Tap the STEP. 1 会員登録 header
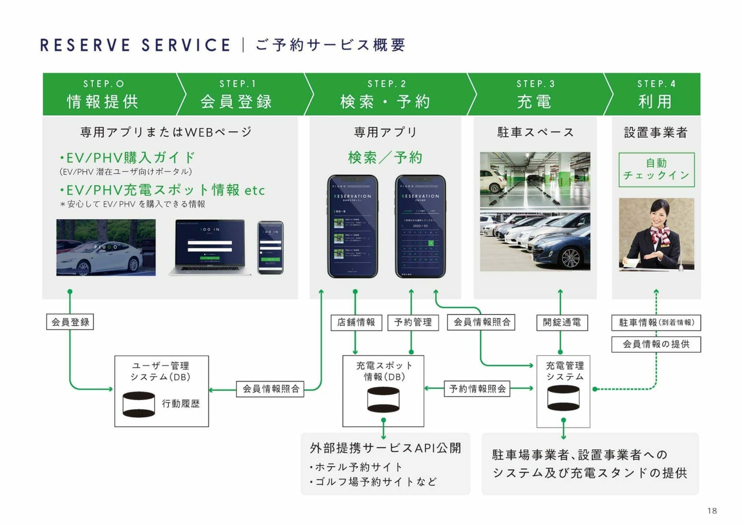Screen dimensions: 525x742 (x=237, y=94)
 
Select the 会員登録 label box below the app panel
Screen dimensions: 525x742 (x=70, y=322)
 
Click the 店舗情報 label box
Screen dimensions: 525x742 (x=356, y=322)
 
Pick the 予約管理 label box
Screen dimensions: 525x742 (x=413, y=322)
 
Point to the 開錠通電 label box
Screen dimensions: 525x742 (x=562, y=322)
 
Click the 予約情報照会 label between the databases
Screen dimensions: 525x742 (x=478, y=388)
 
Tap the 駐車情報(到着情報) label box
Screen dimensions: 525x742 (x=656, y=322)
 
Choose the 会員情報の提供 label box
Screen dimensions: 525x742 (x=656, y=344)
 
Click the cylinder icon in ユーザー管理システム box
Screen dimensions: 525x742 (x=139, y=404)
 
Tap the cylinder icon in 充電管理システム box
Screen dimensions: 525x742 (x=563, y=398)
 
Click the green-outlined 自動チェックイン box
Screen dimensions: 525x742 (x=656, y=169)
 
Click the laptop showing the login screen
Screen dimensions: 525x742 (x=210, y=247)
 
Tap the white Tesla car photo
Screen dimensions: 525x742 (x=106, y=248)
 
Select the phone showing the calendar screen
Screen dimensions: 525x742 (x=420, y=226)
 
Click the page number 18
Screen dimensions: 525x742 (x=712, y=511)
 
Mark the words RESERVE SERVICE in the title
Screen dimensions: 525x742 (x=135, y=45)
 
